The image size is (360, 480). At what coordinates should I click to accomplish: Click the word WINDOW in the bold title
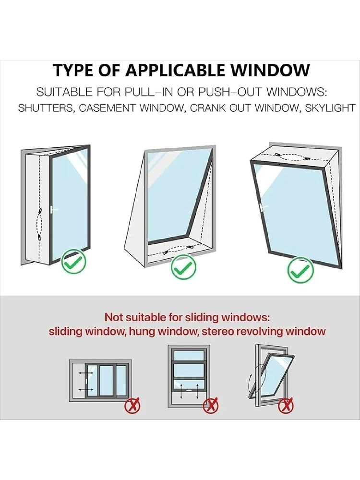pos(270,70)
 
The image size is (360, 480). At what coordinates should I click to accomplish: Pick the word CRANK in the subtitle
pos(207,108)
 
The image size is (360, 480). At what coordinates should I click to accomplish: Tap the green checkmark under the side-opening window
pos(73,261)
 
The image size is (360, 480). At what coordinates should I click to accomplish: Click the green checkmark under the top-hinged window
pos(183,267)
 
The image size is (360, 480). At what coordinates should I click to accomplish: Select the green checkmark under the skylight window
pos(300,270)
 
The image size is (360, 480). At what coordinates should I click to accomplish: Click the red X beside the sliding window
pos(132,407)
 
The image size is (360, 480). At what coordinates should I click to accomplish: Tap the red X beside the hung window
pos(211,406)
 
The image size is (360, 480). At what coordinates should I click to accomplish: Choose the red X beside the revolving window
pos(286,406)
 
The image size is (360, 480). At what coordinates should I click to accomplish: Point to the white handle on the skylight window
pos(263,207)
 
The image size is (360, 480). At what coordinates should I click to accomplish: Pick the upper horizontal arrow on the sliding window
pos(86,373)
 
